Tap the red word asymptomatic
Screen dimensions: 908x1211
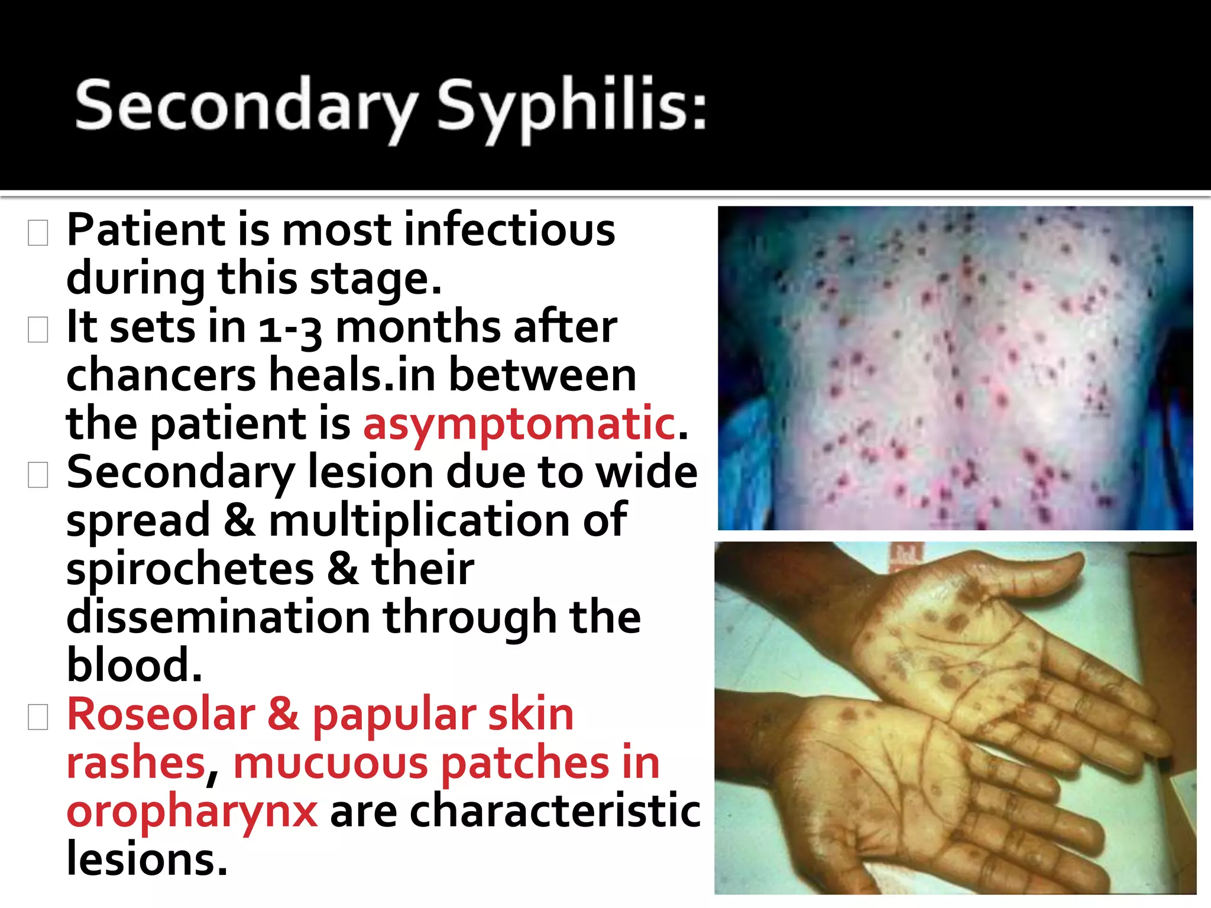519,423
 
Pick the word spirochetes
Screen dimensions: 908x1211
190,569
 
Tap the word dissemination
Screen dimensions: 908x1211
218,617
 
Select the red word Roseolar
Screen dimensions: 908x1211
161,714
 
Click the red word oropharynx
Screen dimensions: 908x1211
192,812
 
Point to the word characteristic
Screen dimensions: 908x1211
555,811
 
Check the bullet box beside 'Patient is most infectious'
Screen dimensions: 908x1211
38,233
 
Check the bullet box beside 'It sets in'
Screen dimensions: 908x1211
38,330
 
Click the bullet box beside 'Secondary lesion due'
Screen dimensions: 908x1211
38,475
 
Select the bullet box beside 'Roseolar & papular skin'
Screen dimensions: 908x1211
38,718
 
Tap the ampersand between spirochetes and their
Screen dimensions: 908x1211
342,569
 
